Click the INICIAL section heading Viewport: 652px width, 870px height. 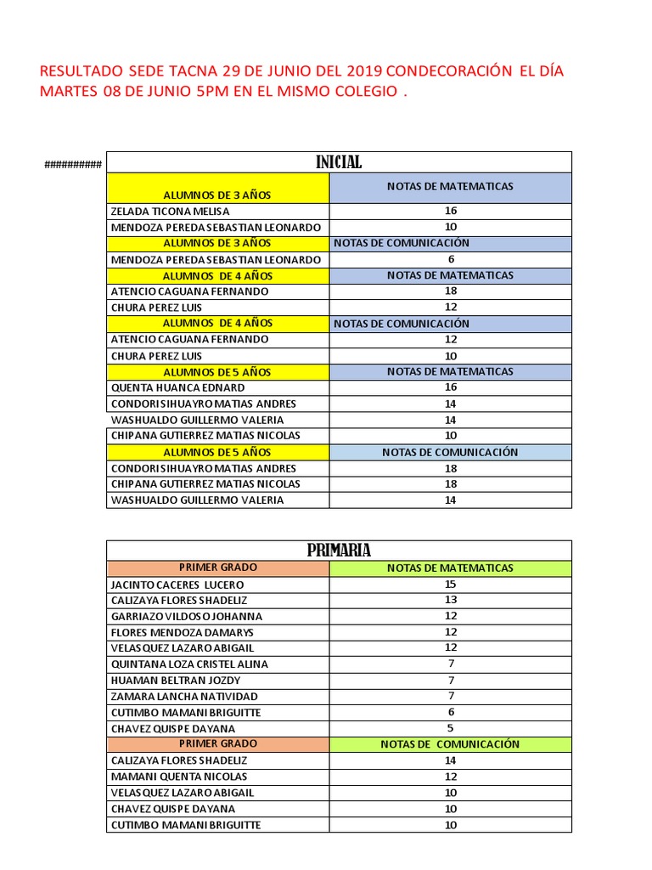pyautogui.click(x=339, y=162)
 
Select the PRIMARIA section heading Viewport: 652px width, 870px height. pyautogui.click(x=339, y=551)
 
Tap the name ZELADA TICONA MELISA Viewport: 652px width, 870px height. pyautogui.click(x=170, y=211)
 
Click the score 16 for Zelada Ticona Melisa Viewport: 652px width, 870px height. pyautogui.click(x=450, y=211)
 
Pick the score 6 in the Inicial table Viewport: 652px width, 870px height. pyautogui.click(x=451, y=259)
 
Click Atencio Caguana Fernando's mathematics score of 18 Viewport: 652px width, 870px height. pyautogui.click(x=450, y=291)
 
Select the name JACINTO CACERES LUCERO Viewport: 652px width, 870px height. pyautogui.click(x=177, y=585)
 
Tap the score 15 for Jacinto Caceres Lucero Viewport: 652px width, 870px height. pyautogui.click(x=450, y=584)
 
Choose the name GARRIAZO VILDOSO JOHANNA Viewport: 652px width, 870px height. pyautogui.click(x=187, y=616)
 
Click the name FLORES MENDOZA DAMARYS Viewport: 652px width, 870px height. pyautogui.click(x=182, y=632)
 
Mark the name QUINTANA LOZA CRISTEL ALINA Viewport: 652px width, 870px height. pyautogui.click(x=189, y=664)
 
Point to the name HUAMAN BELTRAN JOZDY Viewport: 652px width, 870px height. pyautogui.click(x=176, y=681)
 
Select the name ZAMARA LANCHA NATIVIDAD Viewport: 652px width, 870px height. pyautogui.click(x=184, y=697)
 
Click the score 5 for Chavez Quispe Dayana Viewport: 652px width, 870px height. pyautogui.click(x=451, y=728)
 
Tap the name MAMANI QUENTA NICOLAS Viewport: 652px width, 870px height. pyautogui.click(x=179, y=777)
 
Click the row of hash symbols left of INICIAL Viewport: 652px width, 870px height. pyautogui.click(x=73, y=164)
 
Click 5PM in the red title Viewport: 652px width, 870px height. pyautogui.click(x=208, y=92)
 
